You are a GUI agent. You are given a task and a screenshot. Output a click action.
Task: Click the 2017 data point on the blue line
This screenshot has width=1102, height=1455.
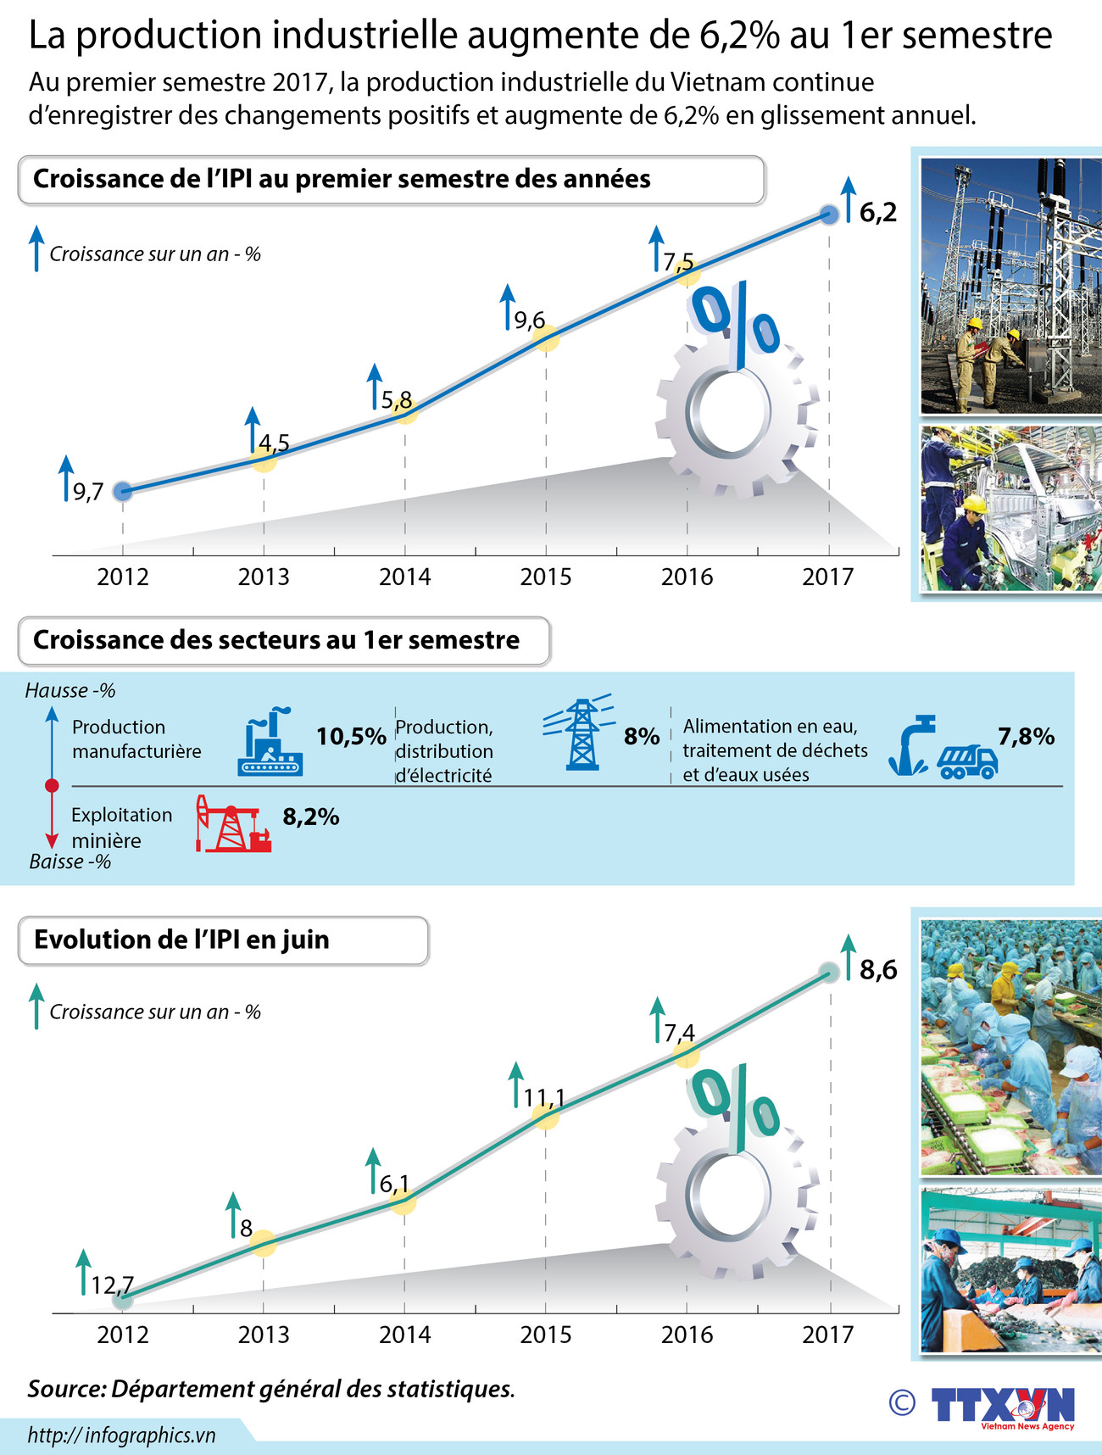(830, 214)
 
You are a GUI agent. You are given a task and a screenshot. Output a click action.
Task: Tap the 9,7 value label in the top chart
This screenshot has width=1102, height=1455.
(88, 492)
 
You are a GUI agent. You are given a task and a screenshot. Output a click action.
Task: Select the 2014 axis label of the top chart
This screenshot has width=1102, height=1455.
(404, 577)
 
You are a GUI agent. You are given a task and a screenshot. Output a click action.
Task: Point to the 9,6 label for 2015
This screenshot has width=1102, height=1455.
(530, 321)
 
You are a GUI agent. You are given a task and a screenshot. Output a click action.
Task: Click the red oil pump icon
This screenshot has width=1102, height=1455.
(232, 823)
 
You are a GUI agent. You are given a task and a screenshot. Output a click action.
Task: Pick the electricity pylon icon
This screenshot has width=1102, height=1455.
(581, 733)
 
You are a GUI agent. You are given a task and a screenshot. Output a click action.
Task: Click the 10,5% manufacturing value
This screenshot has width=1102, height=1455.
(351, 736)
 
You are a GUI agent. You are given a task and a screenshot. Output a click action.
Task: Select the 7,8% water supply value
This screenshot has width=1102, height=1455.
(1026, 736)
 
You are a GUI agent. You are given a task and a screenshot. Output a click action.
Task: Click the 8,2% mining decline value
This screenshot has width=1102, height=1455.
(311, 817)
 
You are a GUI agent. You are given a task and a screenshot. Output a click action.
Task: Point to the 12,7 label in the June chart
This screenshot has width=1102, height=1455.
(113, 1285)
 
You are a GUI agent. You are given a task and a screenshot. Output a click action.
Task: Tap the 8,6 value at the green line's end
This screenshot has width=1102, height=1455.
(878, 970)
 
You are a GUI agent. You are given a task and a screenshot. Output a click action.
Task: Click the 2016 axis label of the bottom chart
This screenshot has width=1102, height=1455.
(687, 1335)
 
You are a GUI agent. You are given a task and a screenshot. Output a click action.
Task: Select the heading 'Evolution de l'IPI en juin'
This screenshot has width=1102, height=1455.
(181, 940)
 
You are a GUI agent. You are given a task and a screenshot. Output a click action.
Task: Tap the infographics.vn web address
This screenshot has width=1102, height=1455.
(121, 1435)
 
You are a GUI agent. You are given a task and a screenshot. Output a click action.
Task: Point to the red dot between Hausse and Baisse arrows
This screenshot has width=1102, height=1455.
(52, 786)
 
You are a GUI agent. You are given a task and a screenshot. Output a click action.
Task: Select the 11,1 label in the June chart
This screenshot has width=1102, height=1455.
(544, 1098)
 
